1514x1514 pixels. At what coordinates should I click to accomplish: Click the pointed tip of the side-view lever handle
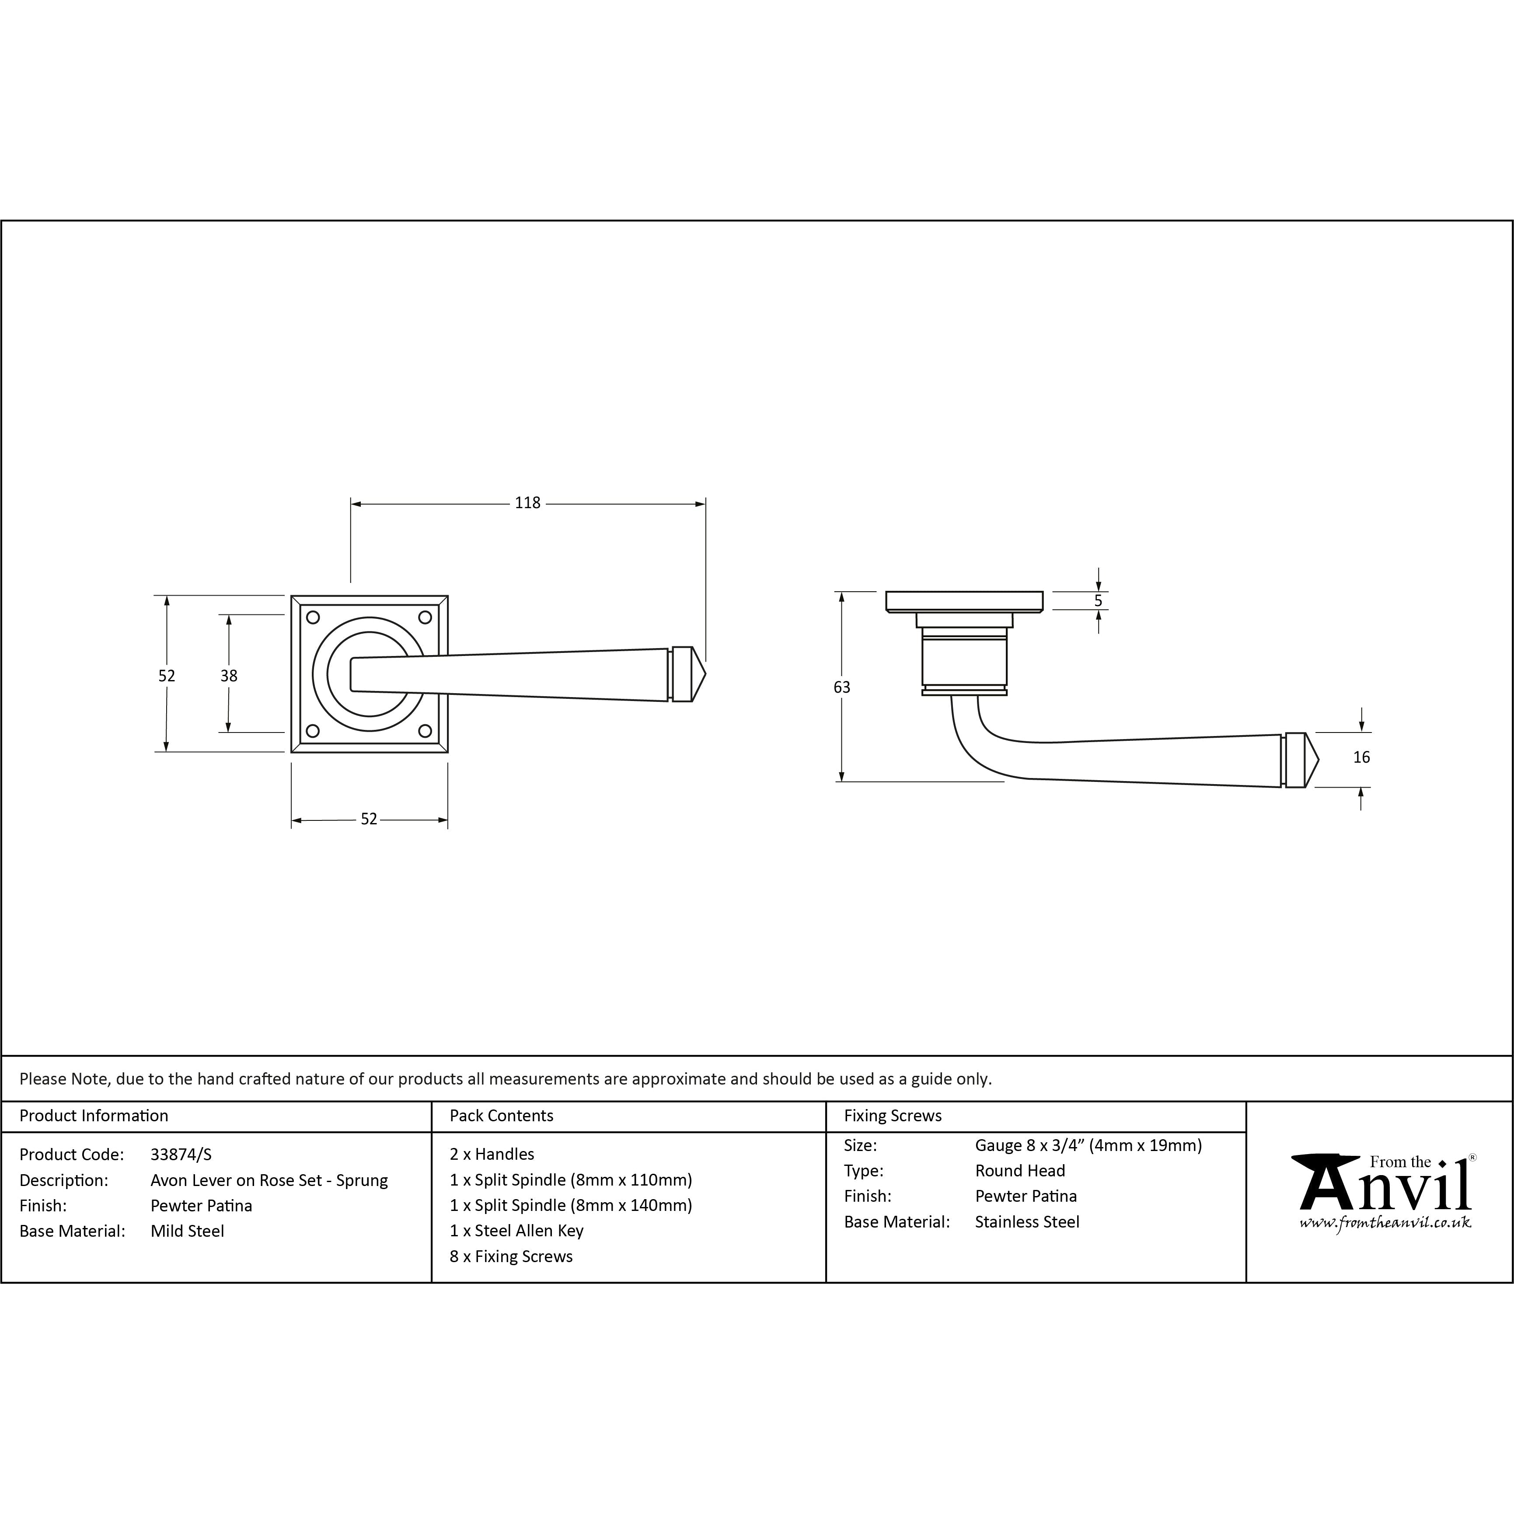point(1319,760)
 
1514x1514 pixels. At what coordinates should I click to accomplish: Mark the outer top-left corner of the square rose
point(292,596)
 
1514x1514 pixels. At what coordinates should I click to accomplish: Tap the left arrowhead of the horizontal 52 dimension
point(297,820)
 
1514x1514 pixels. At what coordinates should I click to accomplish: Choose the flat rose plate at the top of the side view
point(965,602)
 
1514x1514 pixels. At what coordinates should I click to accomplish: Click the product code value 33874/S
point(181,1155)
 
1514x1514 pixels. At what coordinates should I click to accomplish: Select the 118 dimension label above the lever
point(527,503)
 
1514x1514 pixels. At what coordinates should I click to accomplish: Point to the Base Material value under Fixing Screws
point(1026,1222)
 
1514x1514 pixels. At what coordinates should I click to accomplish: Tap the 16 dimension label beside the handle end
point(1362,757)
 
